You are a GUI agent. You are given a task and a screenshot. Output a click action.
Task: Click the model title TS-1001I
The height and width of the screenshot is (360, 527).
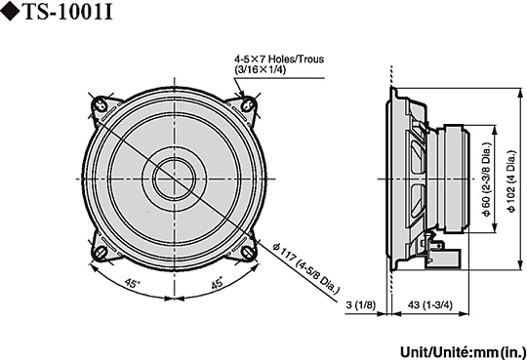click(73, 14)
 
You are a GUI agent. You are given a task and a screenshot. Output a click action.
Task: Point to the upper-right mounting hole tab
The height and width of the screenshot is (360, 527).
click(248, 104)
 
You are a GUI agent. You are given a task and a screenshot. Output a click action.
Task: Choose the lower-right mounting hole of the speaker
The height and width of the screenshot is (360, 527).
click(248, 251)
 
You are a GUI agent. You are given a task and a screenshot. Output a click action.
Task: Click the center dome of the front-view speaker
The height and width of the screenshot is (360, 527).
click(174, 178)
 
